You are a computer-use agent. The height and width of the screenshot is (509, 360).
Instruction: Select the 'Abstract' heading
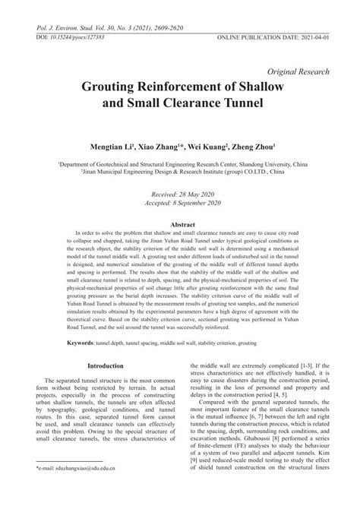click(x=180, y=226)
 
